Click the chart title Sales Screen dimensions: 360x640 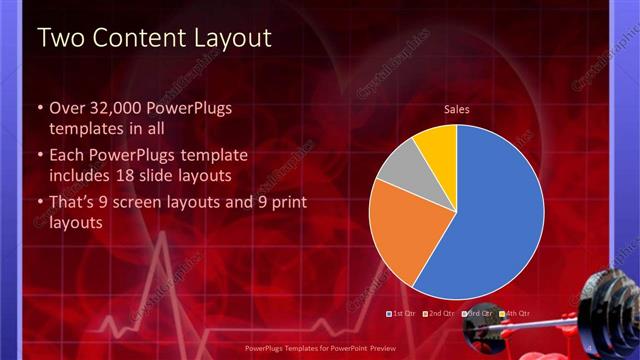[x=457, y=110]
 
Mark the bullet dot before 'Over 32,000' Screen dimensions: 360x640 [x=40, y=108]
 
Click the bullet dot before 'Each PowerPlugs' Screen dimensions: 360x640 [x=40, y=156]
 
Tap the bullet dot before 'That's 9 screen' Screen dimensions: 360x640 [x=40, y=204]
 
